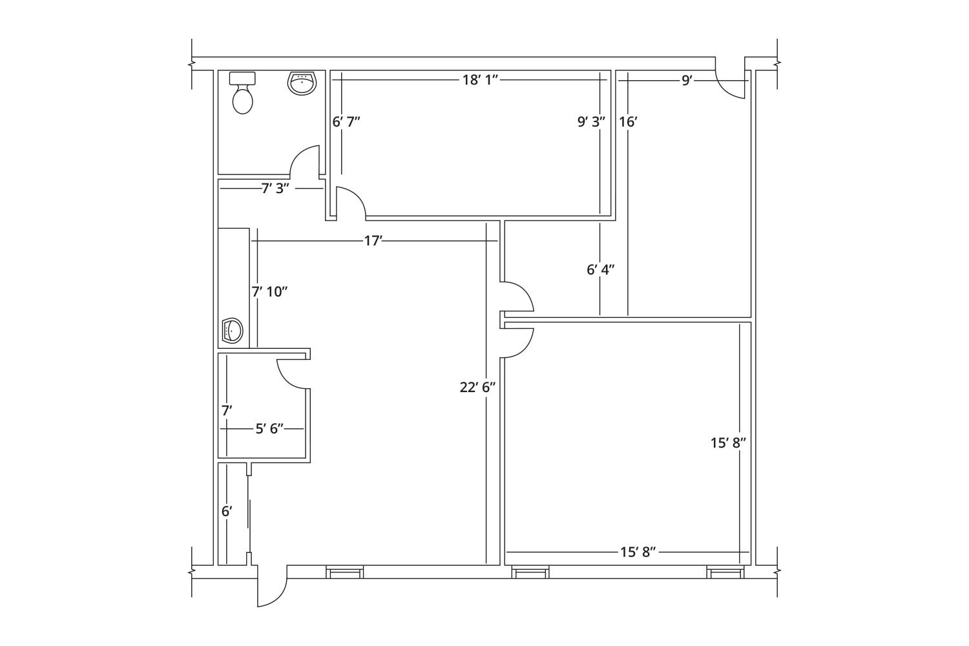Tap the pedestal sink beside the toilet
pos(302,83)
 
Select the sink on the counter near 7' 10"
pos(231,330)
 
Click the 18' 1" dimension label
pos(480,79)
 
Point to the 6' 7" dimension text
pos(346,121)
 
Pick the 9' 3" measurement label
pos(591,121)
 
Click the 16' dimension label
pos(629,121)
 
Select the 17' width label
pos(373,241)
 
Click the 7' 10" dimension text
pos(269,291)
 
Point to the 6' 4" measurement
pos(600,269)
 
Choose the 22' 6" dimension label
pos(477,387)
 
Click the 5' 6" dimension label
pos(269,428)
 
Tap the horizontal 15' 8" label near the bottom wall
pos(638,552)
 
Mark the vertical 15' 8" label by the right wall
pos(729,443)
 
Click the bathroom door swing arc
pos(304,161)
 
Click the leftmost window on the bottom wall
pos(344,572)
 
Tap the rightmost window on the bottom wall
pos(725,572)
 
